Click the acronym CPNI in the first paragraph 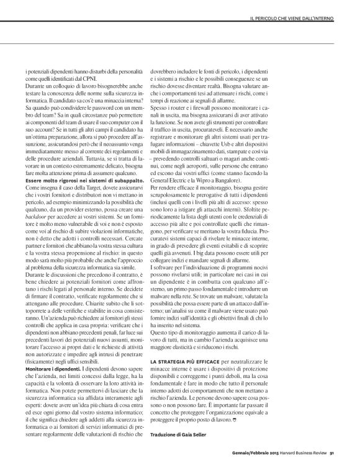click(95, 78)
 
